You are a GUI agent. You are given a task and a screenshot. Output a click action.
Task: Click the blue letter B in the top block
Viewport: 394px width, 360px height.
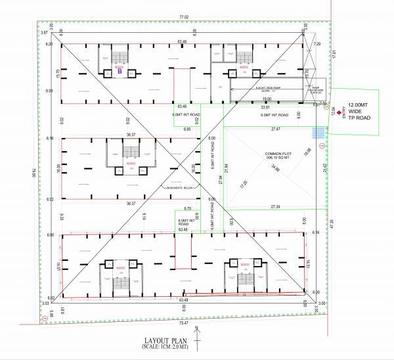(120, 72)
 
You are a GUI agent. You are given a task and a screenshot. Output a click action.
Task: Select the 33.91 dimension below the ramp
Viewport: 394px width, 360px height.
(265, 106)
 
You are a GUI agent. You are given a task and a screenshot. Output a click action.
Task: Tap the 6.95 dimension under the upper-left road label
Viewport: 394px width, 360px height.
(188, 129)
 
